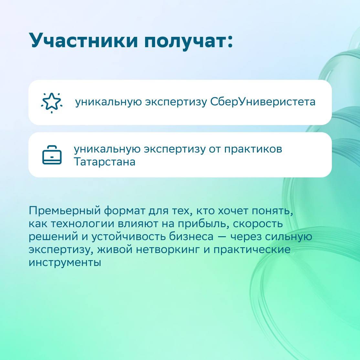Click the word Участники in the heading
pyautogui.click(x=83, y=40)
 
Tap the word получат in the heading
pyautogui.click(x=185, y=41)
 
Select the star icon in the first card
pyautogui.click(x=52, y=103)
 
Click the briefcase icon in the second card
pyautogui.click(x=52, y=155)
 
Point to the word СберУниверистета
pyautogui.click(x=263, y=102)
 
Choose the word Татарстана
pyautogui.click(x=104, y=162)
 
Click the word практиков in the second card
pyautogui.click(x=253, y=149)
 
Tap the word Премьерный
pyautogui.click(x=65, y=210)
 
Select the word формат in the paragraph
pyautogui.click(x=125, y=211)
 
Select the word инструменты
pyautogui.click(x=65, y=262)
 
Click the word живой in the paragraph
pyautogui.click(x=115, y=249)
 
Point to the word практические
pyautogui.click(x=252, y=250)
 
